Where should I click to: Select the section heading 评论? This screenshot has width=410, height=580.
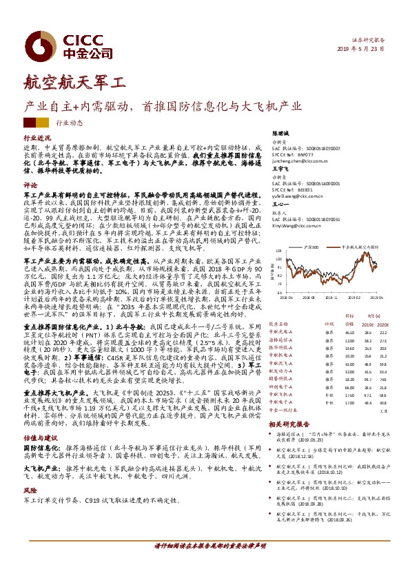pyautogui.click(x=30, y=185)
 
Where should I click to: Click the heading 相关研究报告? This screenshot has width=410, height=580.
pyautogui.click(x=287, y=424)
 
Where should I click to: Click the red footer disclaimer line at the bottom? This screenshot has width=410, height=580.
pyautogui.click(x=205, y=565)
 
